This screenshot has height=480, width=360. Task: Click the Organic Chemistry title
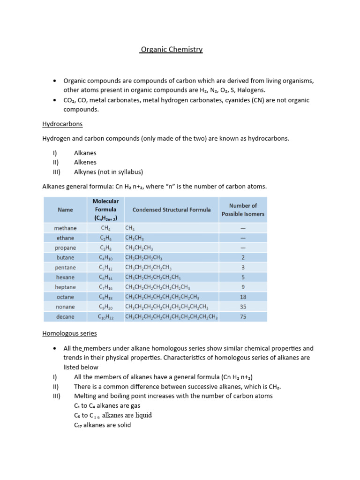171,49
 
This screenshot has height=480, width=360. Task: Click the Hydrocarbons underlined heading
62,124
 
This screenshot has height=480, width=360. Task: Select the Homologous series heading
69,333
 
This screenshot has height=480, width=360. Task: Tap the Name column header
65,210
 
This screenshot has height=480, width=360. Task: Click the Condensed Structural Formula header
172,210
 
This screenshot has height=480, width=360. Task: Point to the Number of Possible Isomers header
243,210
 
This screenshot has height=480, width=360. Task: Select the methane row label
65,228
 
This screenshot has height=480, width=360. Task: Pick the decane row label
65,316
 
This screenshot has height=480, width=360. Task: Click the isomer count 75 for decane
243,316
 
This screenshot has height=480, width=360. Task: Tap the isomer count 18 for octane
243,297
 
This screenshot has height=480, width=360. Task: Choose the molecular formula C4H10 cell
105,257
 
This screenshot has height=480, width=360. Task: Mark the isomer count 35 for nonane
243,307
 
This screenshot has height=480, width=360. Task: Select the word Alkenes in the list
85,162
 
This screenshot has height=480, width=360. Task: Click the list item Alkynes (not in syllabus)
108,172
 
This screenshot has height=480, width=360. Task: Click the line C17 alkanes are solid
102,425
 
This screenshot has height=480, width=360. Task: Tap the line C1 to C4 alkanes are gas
107,405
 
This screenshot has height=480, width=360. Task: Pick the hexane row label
65,277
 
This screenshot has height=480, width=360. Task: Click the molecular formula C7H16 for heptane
105,287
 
